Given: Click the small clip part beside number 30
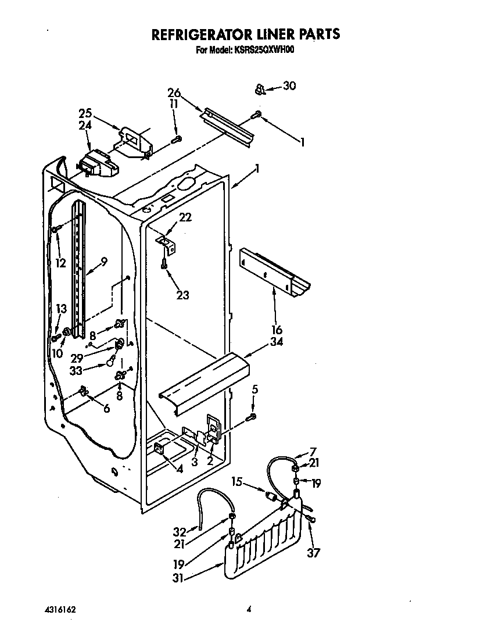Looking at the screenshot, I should (x=261, y=88).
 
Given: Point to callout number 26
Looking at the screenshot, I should (x=174, y=93).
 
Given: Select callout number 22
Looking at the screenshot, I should (x=185, y=217).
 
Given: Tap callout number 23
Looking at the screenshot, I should (x=182, y=295).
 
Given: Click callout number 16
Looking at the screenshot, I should (x=276, y=331).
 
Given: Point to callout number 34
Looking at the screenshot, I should (x=276, y=342).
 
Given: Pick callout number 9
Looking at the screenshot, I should (x=104, y=262).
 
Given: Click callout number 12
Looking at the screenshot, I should (x=60, y=263).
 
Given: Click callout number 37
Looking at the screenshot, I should (x=314, y=553).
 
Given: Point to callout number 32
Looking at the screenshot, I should (x=180, y=531).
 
